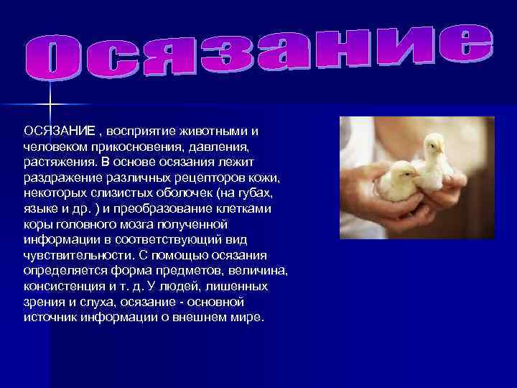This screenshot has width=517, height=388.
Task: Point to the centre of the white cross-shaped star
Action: pyautogui.click(x=50, y=106)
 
